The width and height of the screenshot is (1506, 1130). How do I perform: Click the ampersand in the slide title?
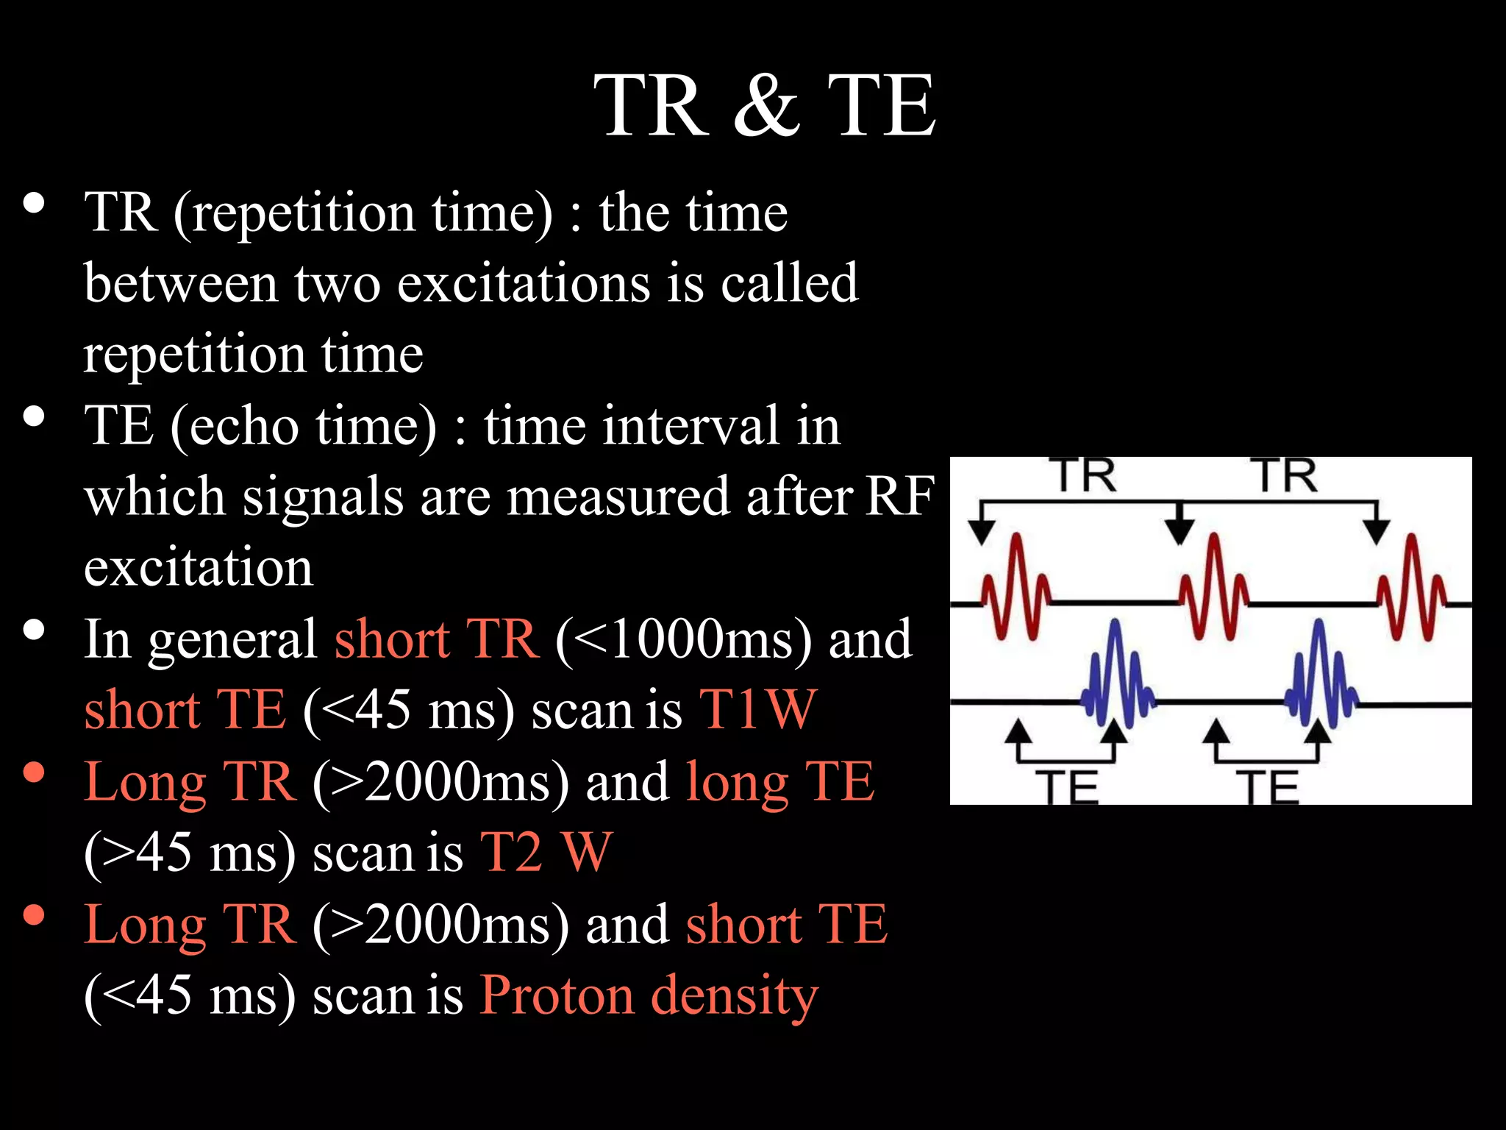click(x=766, y=107)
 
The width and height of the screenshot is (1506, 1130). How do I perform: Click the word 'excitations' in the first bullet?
click(x=524, y=283)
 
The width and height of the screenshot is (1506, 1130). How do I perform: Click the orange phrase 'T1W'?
click(x=757, y=710)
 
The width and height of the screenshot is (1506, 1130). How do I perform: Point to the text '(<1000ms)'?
click(x=684, y=639)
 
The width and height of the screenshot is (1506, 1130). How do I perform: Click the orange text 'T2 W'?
click(x=546, y=853)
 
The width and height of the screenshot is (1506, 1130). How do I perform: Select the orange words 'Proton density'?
click(x=649, y=995)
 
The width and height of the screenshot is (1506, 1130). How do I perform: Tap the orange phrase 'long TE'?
click(x=779, y=781)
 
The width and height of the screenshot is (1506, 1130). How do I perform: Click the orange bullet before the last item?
click(x=34, y=914)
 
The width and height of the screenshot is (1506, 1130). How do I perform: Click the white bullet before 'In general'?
click(x=34, y=630)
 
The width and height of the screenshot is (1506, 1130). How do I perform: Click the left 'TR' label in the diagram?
click(x=1086, y=476)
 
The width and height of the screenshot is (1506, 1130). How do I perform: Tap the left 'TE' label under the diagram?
click(x=1066, y=787)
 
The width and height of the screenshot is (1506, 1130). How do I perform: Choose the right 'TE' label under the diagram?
click(x=1266, y=787)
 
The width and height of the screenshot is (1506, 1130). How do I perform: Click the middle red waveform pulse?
click(x=1213, y=589)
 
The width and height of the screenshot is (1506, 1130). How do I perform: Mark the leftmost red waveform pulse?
click(x=1016, y=589)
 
